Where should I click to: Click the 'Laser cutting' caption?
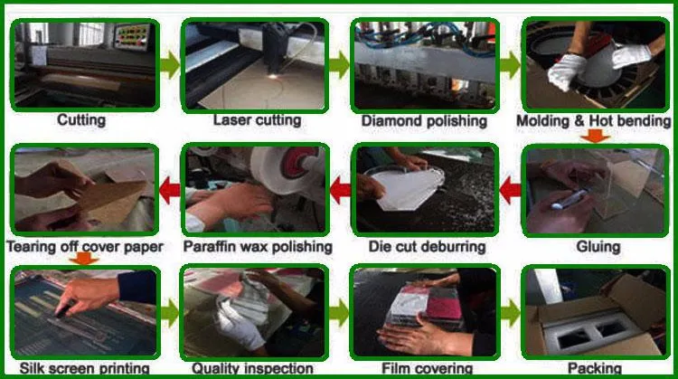(257, 120)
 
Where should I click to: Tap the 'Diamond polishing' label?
(424, 120)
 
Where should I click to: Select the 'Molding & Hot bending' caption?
(593, 120)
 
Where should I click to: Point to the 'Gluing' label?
(598, 246)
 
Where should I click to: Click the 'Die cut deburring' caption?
(428, 246)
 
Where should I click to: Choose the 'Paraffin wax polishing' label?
(258, 246)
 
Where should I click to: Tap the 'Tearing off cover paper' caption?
(84, 246)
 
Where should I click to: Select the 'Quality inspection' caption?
(252, 369)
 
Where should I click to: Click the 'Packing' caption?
(594, 369)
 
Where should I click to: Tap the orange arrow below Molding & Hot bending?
(592, 137)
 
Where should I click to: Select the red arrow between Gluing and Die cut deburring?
(511, 190)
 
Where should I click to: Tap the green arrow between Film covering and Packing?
(511, 313)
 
